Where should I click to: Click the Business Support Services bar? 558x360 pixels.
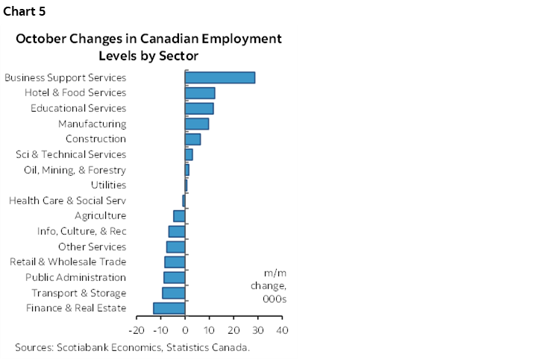[220, 78]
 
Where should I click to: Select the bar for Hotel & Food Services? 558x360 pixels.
[200, 93]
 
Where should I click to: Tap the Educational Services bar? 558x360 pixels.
[199, 108]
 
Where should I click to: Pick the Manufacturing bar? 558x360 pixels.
[197, 124]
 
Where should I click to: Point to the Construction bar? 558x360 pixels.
[192, 139]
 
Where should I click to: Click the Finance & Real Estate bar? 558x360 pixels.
[169, 309]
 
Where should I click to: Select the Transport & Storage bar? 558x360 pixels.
[174, 293]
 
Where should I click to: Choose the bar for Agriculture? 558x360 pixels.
[179, 216]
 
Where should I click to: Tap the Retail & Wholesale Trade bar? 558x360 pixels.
[175, 262]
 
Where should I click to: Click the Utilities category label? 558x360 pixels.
[107, 186]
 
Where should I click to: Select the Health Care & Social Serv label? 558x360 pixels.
[67, 200]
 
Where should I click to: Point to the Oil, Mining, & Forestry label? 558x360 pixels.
[75, 170]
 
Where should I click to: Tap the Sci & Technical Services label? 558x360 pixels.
[71, 154]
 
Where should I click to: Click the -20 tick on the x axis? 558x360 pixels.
[137, 329]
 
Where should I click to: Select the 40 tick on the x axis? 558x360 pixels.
[282, 329]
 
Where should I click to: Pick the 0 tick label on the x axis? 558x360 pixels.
[185, 329]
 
